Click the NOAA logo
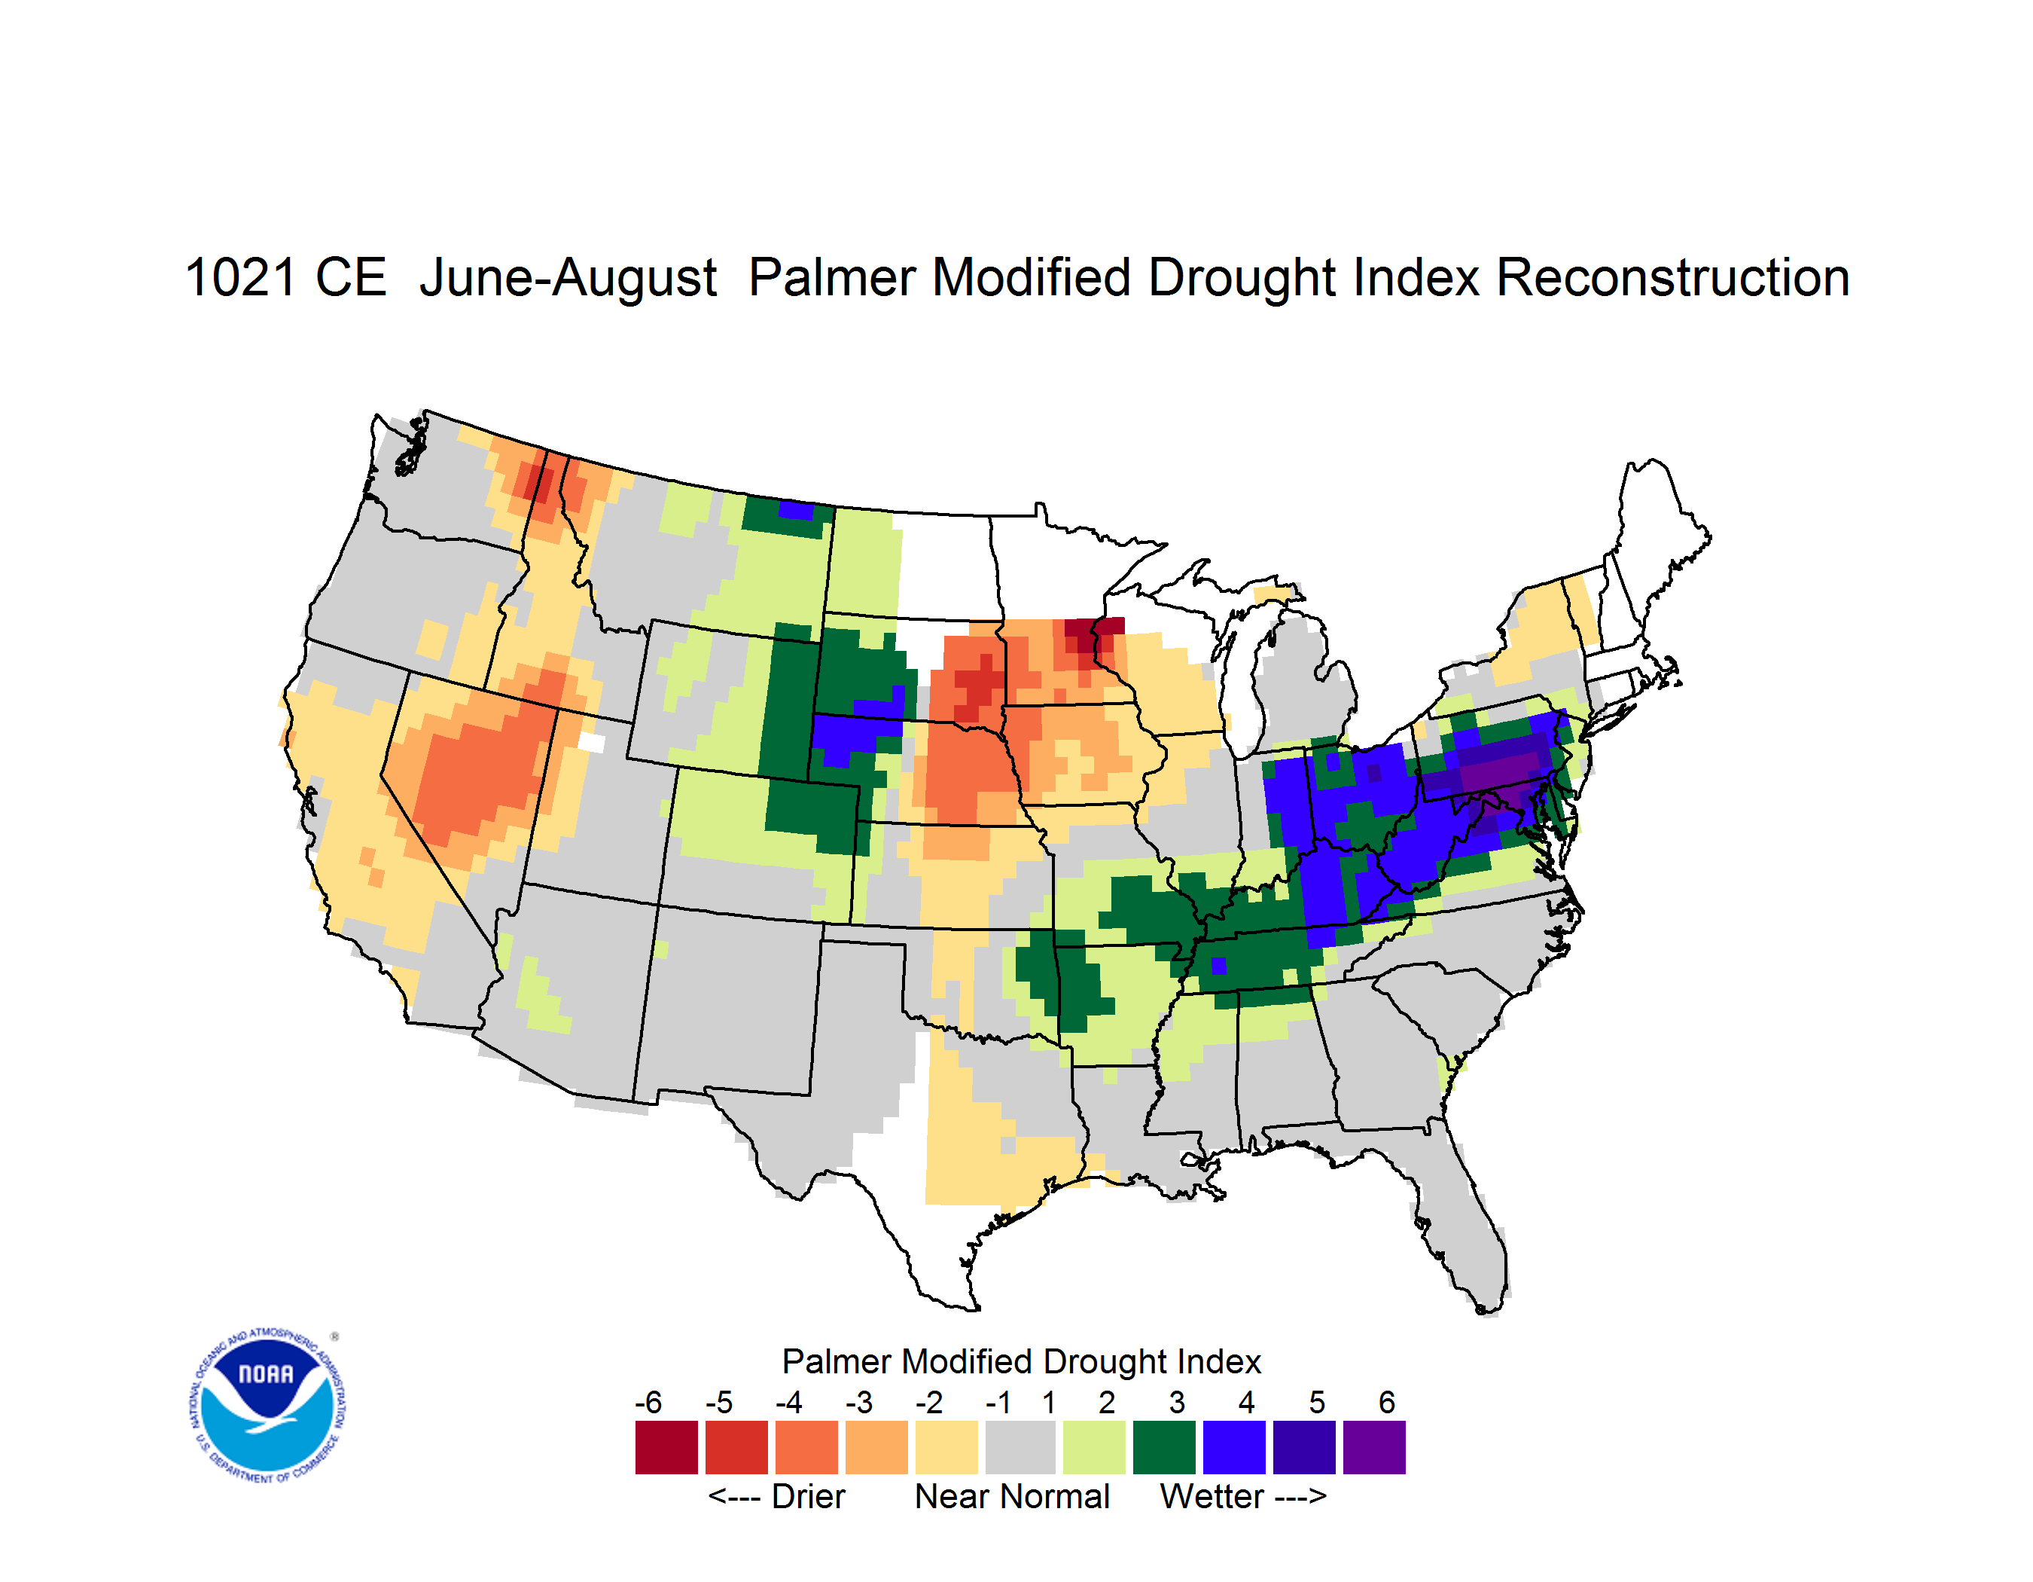pyautogui.click(x=267, y=1406)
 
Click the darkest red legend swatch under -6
pyautogui.click(x=666, y=1447)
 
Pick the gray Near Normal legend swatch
pyautogui.click(x=1020, y=1447)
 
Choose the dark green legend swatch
pyautogui.click(x=1163, y=1447)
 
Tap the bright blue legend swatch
pyautogui.click(x=1234, y=1447)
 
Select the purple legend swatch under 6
pyautogui.click(x=1374, y=1447)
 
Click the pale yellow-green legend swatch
pyautogui.click(x=1094, y=1447)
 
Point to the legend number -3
pyautogui.click(x=858, y=1402)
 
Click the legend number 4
pyautogui.click(x=1246, y=1402)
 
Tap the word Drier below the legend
pyautogui.click(x=808, y=1496)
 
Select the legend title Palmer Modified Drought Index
pyautogui.click(x=1021, y=1361)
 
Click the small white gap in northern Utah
pyautogui.click(x=591, y=742)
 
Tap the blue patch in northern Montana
pyautogui.click(x=796, y=510)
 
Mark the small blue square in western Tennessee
pyautogui.click(x=1218, y=966)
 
